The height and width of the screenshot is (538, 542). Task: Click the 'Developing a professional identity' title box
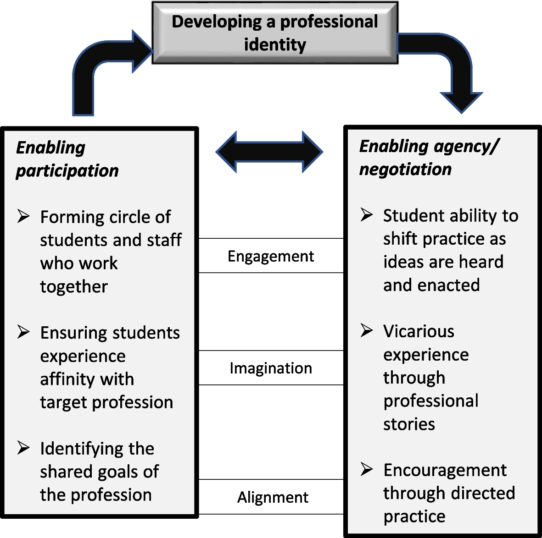[275, 33]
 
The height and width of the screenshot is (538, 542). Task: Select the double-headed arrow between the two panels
[269, 152]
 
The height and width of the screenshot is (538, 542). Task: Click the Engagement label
[271, 256]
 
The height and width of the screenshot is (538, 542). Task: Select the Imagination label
[271, 368]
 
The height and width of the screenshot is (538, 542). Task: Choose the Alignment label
[273, 497]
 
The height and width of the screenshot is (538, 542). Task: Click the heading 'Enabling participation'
[67, 159]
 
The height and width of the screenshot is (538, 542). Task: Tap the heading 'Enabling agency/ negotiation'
[428, 158]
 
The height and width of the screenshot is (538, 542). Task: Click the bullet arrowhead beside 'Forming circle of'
[23, 216]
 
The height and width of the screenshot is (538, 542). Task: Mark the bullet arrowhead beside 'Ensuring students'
[23, 331]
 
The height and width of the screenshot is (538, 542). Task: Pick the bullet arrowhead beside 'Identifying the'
[23, 447]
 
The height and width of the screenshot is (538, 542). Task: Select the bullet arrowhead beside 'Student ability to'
[366, 214]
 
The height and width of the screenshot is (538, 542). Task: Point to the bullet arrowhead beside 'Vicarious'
[366, 330]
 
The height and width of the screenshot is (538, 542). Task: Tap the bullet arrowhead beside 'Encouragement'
[366, 469]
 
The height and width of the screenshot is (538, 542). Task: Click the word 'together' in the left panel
[74, 287]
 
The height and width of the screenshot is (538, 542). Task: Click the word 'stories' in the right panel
[409, 424]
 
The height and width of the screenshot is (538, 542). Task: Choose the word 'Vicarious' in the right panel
[419, 331]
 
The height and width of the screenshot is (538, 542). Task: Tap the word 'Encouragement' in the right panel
[445, 470]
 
